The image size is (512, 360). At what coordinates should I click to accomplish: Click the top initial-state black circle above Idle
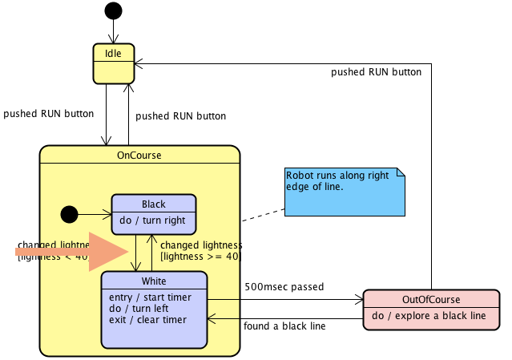click(x=113, y=10)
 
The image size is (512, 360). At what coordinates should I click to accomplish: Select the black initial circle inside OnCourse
click(x=70, y=214)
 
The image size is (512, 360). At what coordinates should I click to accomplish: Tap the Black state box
click(x=154, y=213)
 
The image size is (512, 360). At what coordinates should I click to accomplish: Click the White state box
click(x=154, y=309)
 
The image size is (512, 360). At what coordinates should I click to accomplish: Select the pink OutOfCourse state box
click(x=433, y=309)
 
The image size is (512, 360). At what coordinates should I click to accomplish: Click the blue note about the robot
click(x=345, y=192)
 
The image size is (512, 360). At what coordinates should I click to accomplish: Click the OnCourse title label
click(x=139, y=155)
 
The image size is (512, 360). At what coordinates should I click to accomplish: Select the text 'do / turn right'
click(x=152, y=220)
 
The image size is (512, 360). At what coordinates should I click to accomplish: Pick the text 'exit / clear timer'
click(x=147, y=320)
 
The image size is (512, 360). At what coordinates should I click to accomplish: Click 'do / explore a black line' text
click(x=433, y=316)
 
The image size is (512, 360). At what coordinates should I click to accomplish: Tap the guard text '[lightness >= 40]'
click(x=201, y=257)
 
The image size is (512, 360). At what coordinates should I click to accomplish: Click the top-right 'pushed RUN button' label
click(x=376, y=71)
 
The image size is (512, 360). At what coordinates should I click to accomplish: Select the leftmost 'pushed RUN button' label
click(x=48, y=113)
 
